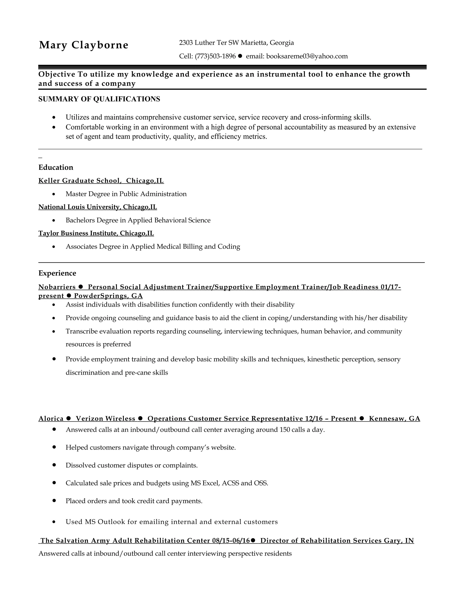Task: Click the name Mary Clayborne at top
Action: (x=84, y=45)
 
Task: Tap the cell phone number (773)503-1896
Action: (x=215, y=56)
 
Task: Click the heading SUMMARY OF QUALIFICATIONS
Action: (x=99, y=99)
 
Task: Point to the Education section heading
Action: (x=56, y=168)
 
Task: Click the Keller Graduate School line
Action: (x=101, y=181)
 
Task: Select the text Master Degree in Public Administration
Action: (x=126, y=194)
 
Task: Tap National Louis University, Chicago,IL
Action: (x=97, y=207)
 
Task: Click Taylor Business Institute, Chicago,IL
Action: (x=96, y=234)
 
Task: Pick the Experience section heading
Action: (x=57, y=273)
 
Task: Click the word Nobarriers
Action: (x=57, y=287)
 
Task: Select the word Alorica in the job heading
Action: (x=51, y=419)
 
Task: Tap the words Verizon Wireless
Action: (x=106, y=419)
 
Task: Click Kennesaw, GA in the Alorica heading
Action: (x=394, y=419)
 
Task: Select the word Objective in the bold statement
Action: (x=57, y=75)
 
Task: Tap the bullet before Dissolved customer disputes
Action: (x=54, y=465)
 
